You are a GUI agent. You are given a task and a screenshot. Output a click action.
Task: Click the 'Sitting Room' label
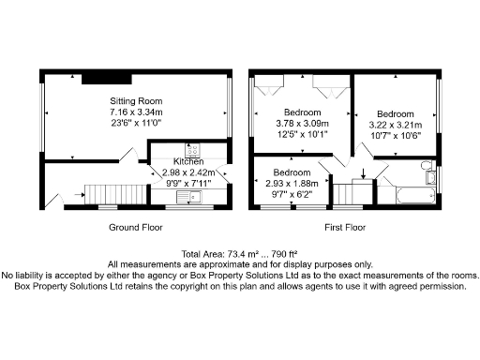pyautogui.click(x=136, y=100)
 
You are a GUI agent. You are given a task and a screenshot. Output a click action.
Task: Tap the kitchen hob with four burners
pyautogui.click(x=193, y=150)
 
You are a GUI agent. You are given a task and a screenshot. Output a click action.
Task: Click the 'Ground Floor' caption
pyautogui.click(x=136, y=228)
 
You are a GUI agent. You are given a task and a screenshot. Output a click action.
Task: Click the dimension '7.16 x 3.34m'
pyautogui.click(x=137, y=112)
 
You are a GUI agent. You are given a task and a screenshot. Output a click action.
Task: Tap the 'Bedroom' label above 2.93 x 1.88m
pyautogui.click(x=292, y=173)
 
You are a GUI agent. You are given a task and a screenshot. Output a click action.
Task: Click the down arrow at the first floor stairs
pyautogui.click(x=363, y=173)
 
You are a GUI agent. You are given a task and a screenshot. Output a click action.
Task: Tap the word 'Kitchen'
pyautogui.click(x=187, y=162)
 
